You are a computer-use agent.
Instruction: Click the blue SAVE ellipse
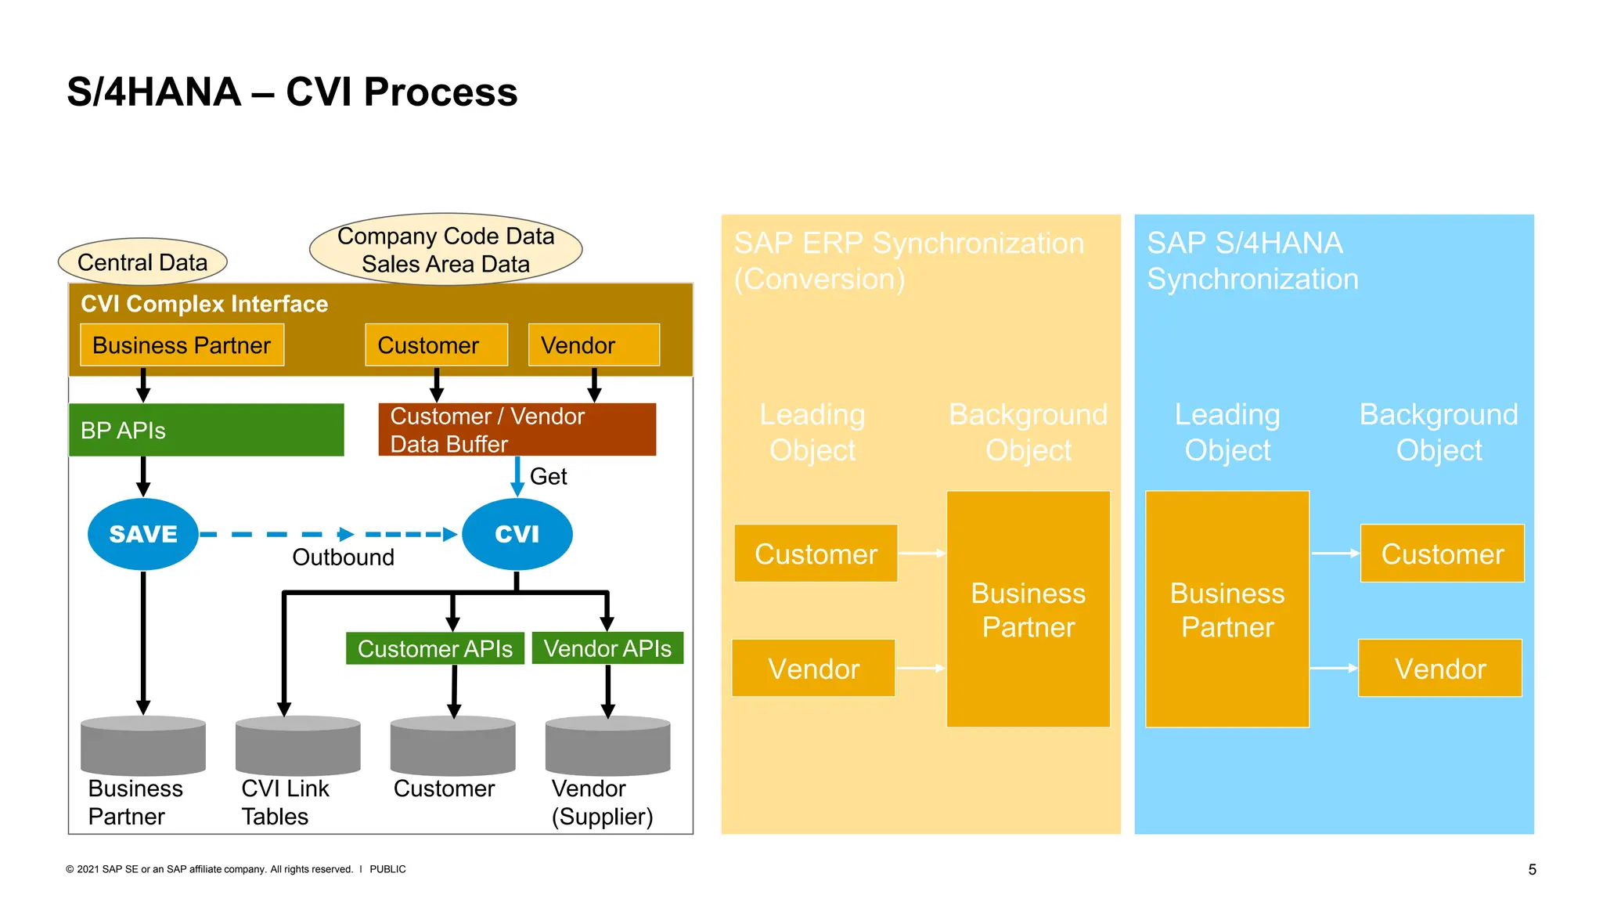click(x=142, y=534)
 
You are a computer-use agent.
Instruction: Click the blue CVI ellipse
click(x=517, y=534)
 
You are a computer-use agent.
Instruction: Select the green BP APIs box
click(x=206, y=430)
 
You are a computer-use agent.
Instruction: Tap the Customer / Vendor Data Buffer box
click(x=517, y=430)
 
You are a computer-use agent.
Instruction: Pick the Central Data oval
click(x=142, y=262)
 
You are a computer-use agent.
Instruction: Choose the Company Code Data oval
click(x=445, y=249)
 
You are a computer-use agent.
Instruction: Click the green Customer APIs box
click(x=434, y=648)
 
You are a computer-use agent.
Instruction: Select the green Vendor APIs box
click(x=607, y=648)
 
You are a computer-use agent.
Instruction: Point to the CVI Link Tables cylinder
click(x=297, y=745)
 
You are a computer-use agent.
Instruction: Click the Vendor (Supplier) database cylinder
click(x=607, y=745)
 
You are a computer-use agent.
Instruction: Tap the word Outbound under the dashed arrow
click(x=343, y=557)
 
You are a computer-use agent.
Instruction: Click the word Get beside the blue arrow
click(x=548, y=476)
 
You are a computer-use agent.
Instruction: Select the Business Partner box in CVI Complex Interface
click(x=182, y=345)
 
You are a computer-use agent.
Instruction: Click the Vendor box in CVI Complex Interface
click(x=593, y=345)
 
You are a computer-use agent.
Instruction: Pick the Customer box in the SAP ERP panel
click(x=816, y=554)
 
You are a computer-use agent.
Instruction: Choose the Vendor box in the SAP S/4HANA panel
click(x=1440, y=669)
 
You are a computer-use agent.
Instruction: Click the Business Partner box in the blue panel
click(x=1227, y=609)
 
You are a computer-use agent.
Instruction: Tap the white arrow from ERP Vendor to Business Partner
click(x=920, y=668)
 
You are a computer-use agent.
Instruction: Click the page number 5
click(x=1532, y=869)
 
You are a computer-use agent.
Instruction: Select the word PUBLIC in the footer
click(x=387, y=869)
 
